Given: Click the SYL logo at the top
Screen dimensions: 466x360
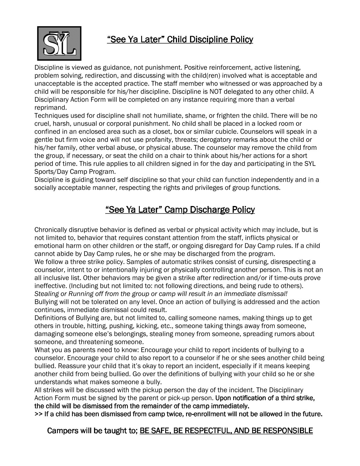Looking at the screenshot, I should (59, 43).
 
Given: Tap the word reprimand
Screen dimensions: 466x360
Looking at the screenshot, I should (50, 108).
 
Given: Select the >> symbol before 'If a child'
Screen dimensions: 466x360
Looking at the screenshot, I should (38, 414).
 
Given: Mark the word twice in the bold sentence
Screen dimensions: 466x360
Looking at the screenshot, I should (176, 414).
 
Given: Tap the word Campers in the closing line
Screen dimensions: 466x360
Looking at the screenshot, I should (62, 431).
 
